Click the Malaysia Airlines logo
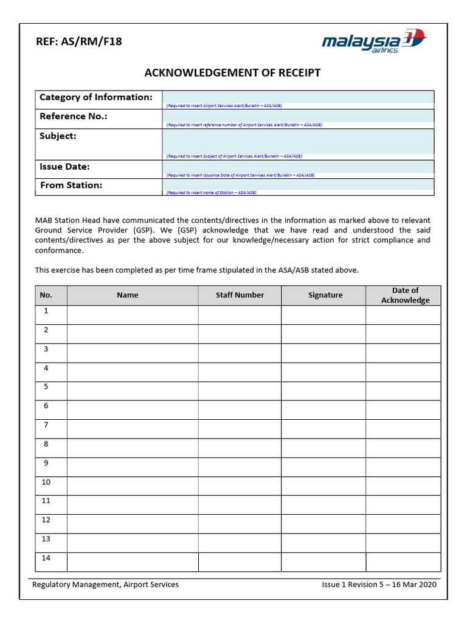(x=374, y=42)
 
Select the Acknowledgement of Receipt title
(x=232, y=73)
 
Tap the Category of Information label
(x=96, y=97)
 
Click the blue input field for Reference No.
(x=298, y=116)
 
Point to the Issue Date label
(x=65, y=167)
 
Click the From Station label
(x=71, y=186)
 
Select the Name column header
(x=128, y=295)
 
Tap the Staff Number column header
(x=240, y=295)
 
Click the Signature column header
(x=325, y=295)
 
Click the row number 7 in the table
(x=46, y=425)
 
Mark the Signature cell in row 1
(x=323, y=315)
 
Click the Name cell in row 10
(x=132, y=486)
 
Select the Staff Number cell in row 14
(x=240, y=562)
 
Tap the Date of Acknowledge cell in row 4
(x=403, y=372)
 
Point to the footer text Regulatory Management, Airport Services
(x=106, y=585)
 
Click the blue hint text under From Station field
(x=211, y=193)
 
